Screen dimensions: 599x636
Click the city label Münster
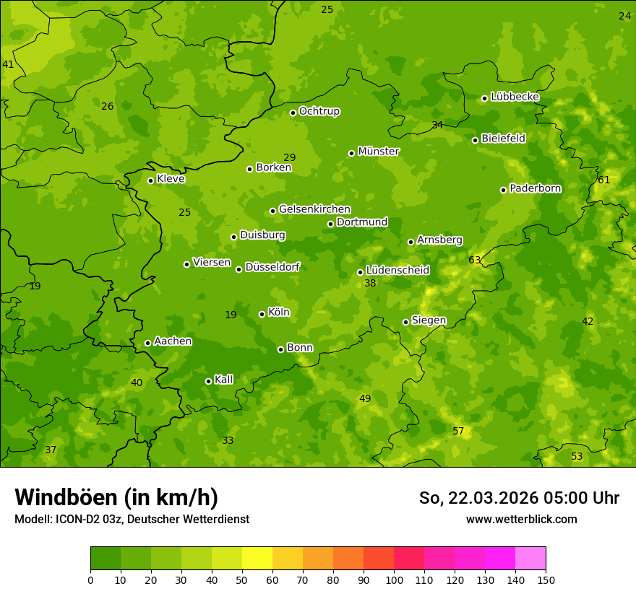point(379,152)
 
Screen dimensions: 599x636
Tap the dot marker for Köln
point(262,314)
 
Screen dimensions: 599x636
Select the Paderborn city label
point(536,188)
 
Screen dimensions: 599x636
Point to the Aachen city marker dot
point(147,343)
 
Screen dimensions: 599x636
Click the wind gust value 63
point(474,260)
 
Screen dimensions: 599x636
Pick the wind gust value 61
point(603,180)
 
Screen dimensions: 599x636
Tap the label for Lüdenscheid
point(397,271)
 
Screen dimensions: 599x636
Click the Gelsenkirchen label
point(314,209)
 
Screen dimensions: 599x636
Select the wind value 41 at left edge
point(8,64)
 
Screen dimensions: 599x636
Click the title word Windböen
point(66,497)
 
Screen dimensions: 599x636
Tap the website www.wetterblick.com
point(521,519)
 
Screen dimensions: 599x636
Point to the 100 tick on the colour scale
point(394,580)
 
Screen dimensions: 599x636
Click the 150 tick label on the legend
point(546,580)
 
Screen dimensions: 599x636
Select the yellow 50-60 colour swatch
point(257,559)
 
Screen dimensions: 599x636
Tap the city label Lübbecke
point(515,97)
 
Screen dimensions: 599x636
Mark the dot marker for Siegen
point(405,322)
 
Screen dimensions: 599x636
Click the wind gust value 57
point(458,431)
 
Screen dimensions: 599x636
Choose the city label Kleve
point(171,179)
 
